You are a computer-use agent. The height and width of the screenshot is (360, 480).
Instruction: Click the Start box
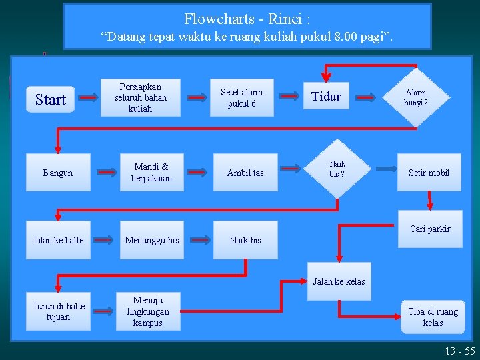pyautogui.click(x=51, y=100)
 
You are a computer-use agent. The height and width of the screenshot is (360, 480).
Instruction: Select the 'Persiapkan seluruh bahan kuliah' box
pyautogui.click(x=140, y=97)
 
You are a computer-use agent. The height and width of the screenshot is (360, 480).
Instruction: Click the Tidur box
pyautogui.click(x=327, y=97)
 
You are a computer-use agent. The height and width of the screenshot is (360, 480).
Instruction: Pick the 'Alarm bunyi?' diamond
pyautogui.click(x=416, y=97)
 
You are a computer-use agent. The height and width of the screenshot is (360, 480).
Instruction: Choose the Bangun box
pyautogui.click(x=58, y=173)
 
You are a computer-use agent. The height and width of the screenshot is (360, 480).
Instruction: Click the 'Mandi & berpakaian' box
pyautogui.click(x=151, y=173)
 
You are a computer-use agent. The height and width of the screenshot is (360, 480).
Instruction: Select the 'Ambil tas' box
pyautogui.click(x=245, y=173)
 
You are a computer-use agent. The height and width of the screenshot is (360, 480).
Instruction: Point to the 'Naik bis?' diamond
pyautogui.click(x=337, y=169)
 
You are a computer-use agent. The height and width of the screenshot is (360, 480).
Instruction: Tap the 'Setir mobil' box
pyautogui.click(x=429, y=173)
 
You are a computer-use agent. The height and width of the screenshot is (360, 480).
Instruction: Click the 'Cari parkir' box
pyautogui.click(x=430, y=229)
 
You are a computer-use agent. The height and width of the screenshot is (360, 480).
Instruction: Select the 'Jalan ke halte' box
pyautogui.click(x=58, y=240)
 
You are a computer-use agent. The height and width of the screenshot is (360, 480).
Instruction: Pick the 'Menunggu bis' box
pyautogui.click(x=151, y=240)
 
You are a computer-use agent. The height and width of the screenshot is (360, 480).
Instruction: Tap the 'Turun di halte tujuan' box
pyautogui.click(x=58, y=311)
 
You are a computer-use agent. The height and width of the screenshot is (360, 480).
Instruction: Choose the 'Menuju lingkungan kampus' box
pyautogui.click(x=147, y=311)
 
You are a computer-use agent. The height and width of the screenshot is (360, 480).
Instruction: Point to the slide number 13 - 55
pyautogui.click(x=461, y=351)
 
